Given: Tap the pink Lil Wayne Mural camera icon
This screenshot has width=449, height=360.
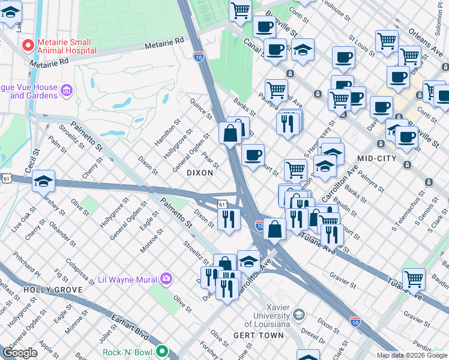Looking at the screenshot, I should click(166, 279).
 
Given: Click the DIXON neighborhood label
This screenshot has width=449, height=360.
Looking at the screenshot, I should click(200, 172).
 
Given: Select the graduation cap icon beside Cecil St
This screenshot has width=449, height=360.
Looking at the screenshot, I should click(43, 181).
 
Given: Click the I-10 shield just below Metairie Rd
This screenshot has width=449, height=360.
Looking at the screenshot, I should click(199, 56).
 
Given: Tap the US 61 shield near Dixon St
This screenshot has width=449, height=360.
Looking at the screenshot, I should click(222, 205).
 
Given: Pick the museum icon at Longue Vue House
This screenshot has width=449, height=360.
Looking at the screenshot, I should click(66, 91).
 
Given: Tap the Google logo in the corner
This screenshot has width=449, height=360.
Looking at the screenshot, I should click(20, 353).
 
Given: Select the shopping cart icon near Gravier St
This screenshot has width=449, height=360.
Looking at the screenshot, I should click(414, 278).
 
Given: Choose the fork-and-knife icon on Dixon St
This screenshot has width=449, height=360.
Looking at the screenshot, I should click(228, 219).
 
